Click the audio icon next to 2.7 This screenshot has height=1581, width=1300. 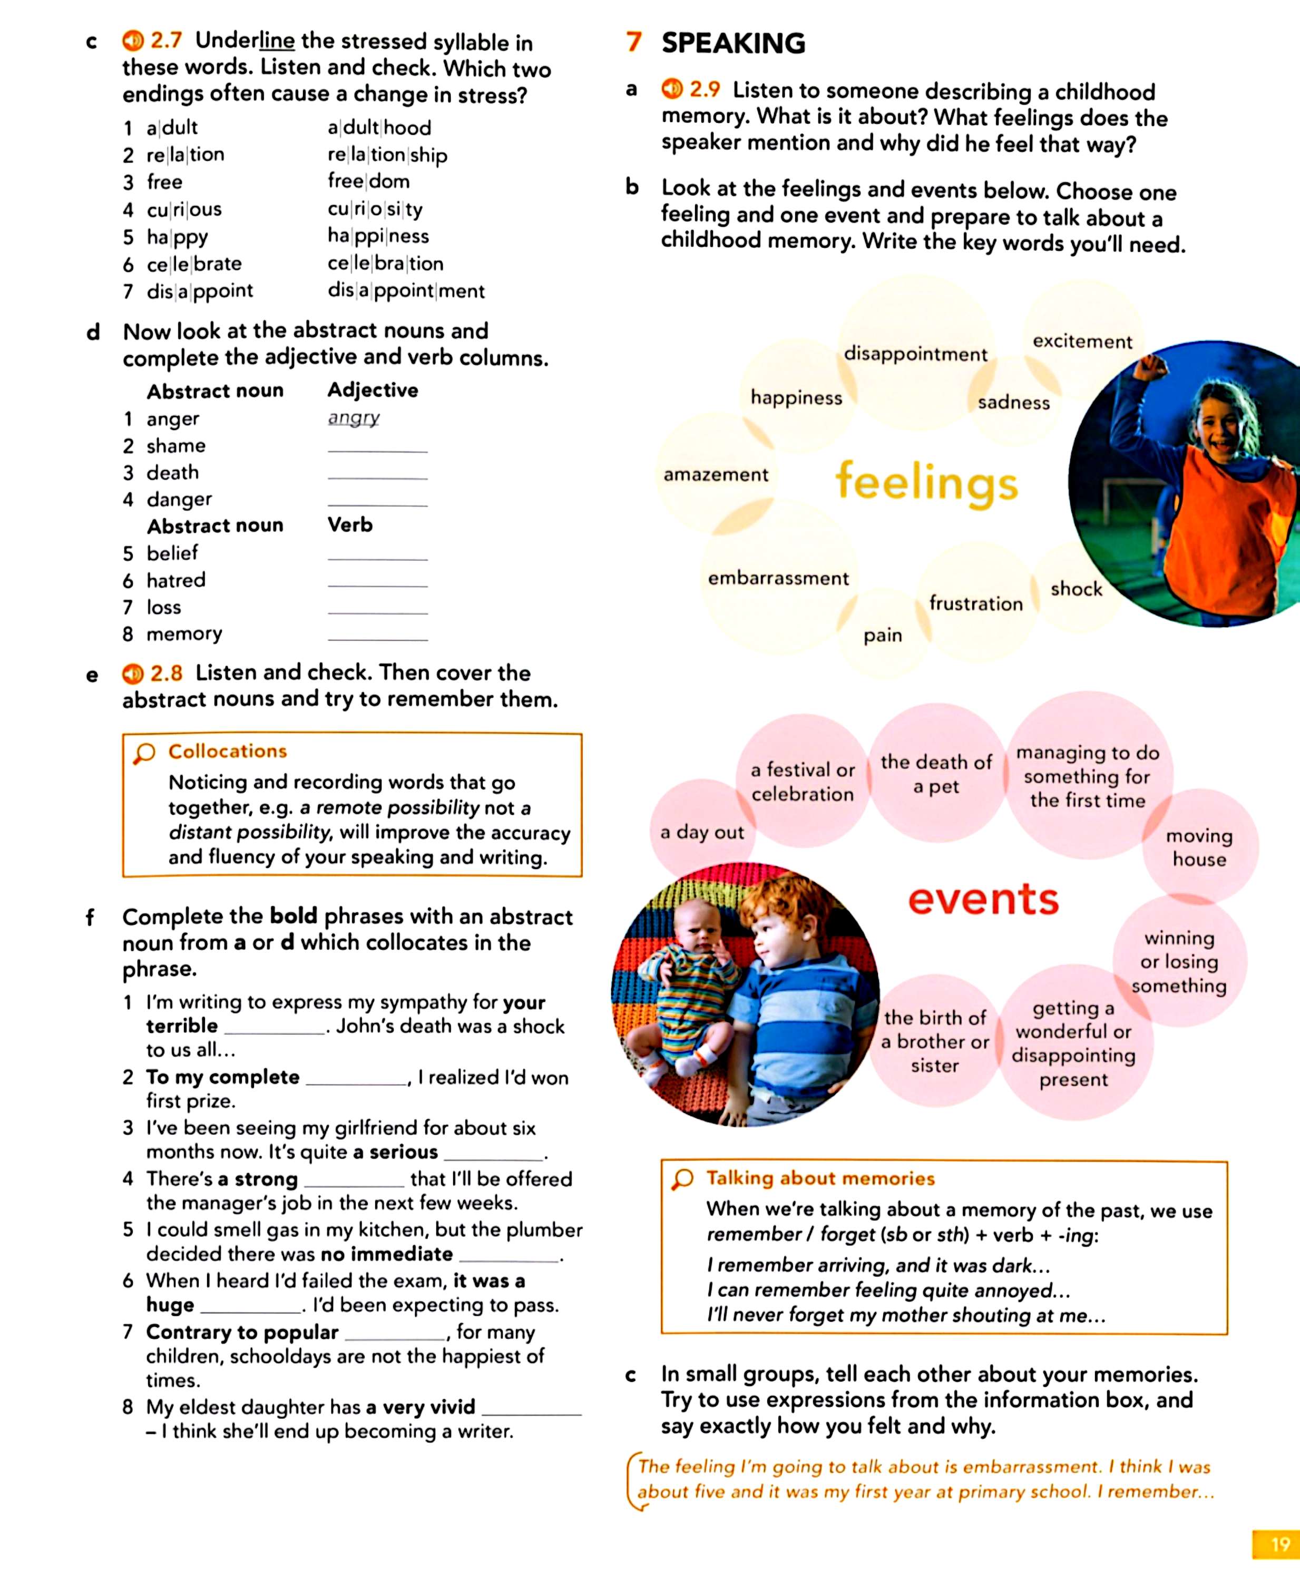(x=133, y=41)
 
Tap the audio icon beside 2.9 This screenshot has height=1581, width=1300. (x=672, y=89)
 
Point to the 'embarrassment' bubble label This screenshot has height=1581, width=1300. (x=778, y=578)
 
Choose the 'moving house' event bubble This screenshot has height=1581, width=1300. (x=1199, y=847)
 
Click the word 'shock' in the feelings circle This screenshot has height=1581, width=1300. (x=1076, y=589)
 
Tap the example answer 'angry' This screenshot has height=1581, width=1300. (x=354, y=418)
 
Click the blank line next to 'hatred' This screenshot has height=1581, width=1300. (x=377, y=583)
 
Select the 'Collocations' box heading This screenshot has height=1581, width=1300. (x=227, y=751)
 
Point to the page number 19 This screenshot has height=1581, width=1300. (x=1279, y=1544)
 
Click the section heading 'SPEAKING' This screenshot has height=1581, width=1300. (x=733, y=43)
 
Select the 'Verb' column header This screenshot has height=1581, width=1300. (x=350, y=525)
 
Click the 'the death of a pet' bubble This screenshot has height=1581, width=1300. (x=936, y=774)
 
